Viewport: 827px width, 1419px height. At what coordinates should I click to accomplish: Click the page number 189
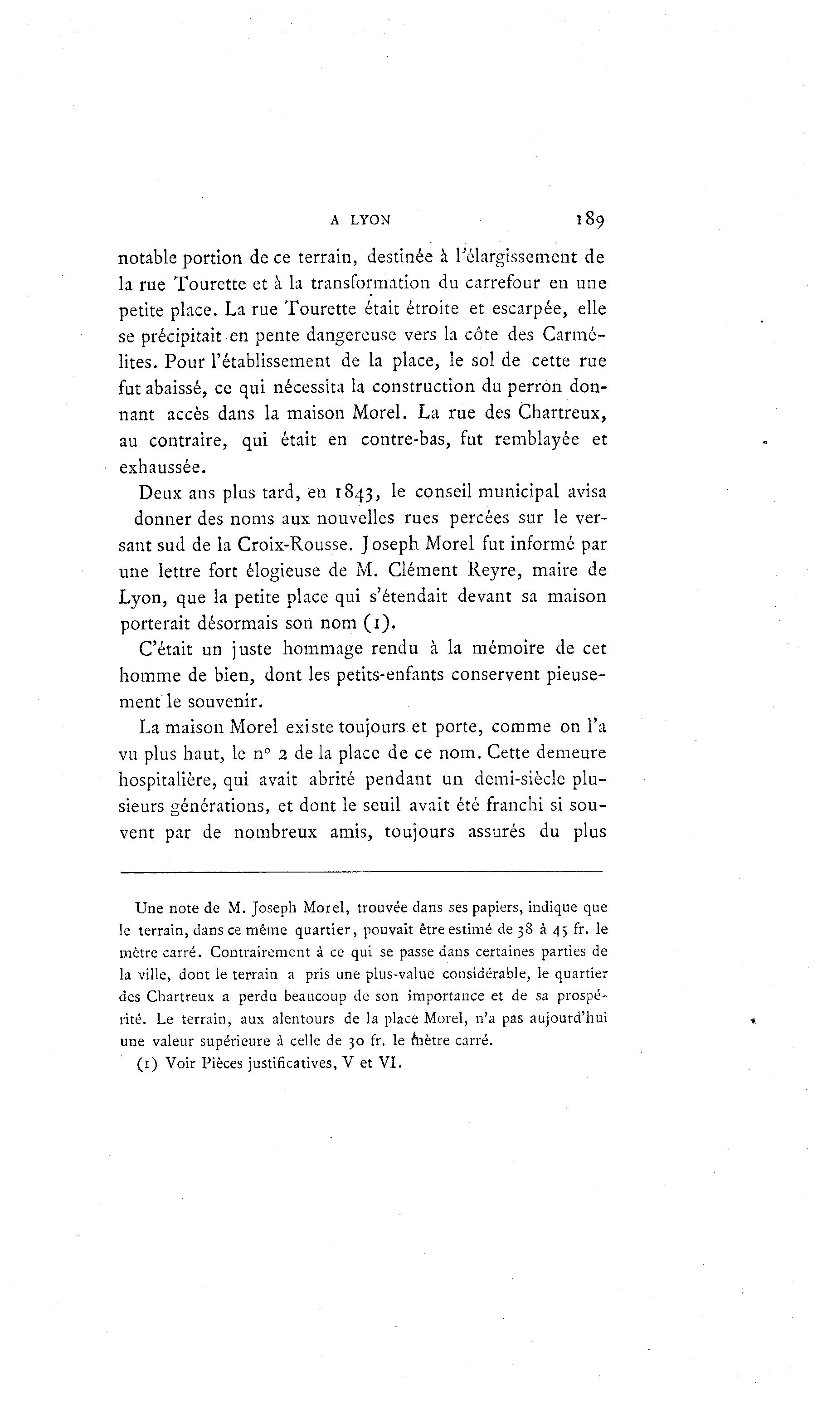pos(589,219)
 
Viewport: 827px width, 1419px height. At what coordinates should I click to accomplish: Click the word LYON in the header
pos(370,221)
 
